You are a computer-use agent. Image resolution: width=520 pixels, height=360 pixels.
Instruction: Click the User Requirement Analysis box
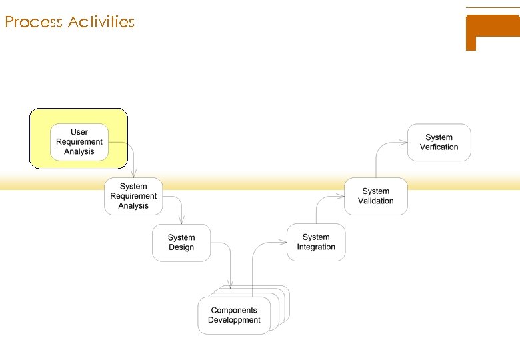pyautogui.click(x=79, y=142)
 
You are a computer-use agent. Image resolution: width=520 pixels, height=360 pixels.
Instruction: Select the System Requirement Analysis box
pyautogui.click(x=133, y=196)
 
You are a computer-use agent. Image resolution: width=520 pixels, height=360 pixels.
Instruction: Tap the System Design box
pyautogui.click(x=181, y=243)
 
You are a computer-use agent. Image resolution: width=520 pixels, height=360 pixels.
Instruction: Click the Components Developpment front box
pyautogui.click(x=234, y=315)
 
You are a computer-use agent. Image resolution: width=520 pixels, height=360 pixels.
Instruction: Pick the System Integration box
pyautogui.click(x=316, y=242)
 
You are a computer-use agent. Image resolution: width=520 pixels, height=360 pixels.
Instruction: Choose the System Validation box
pyautogui.click(x=375, y=196)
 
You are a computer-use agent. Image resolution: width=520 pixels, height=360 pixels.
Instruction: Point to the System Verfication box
pyautogui.click(x=439, y=142)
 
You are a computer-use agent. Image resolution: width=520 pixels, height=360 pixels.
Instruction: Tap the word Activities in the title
pyautogui.click(x=101, y=22)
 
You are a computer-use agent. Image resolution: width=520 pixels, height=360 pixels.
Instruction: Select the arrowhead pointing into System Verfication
pyautogui.click(x=404, y=141)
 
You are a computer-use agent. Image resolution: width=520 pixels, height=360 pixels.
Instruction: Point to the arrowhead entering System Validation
pyautogui.click(x=341, y=196)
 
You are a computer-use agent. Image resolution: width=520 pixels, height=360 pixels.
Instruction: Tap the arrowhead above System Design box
pyautogui.click(x=181, y=221)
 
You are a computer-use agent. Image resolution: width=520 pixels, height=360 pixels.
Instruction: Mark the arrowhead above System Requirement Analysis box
pyautogui.click(x=134, y=175)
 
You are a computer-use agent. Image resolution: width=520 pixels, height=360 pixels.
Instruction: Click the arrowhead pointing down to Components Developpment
pyautogui.click(x=231, y=288)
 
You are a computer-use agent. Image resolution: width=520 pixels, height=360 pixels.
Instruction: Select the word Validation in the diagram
pyautogui.click(x=376, y=201)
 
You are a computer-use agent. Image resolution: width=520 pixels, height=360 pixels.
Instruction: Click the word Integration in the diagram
pyautogui.click(x=316, y=247)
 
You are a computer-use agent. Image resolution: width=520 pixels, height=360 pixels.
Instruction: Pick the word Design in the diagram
pyautogui.click(x=181, y=247)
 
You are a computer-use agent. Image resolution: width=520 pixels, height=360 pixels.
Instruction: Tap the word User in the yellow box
pyautogui.click(x=79, y=132)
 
